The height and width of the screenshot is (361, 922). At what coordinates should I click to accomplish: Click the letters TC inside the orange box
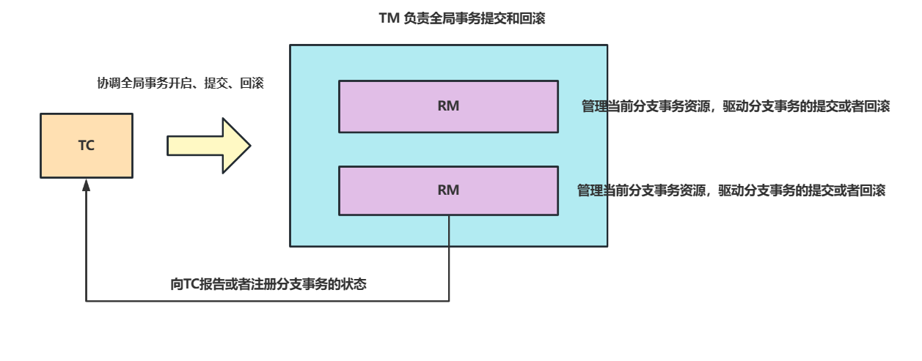click(x=87, y=146)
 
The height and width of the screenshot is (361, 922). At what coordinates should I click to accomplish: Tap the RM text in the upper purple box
click(x=448, y=106)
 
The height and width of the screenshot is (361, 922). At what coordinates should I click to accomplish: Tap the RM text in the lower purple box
click(x=448, y=190)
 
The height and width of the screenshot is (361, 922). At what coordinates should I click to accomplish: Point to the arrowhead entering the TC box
click(x=87, y=185)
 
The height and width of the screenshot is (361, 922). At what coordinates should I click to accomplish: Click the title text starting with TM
click(x=461, y=19)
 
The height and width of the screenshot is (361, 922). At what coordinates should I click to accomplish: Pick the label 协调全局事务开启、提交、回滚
click(x=180, y=83)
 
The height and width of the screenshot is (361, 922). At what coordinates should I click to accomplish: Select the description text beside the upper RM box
click(x=735, y=106)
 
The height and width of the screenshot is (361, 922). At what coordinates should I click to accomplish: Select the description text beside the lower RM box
click(x=731, y=190)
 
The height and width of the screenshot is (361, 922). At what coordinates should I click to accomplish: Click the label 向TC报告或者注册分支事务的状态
click(x=268, y=285)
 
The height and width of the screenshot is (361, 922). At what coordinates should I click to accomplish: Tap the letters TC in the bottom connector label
click(x=192, y=285)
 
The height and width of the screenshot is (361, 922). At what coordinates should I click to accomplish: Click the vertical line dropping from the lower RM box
click(x=449, y=256)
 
